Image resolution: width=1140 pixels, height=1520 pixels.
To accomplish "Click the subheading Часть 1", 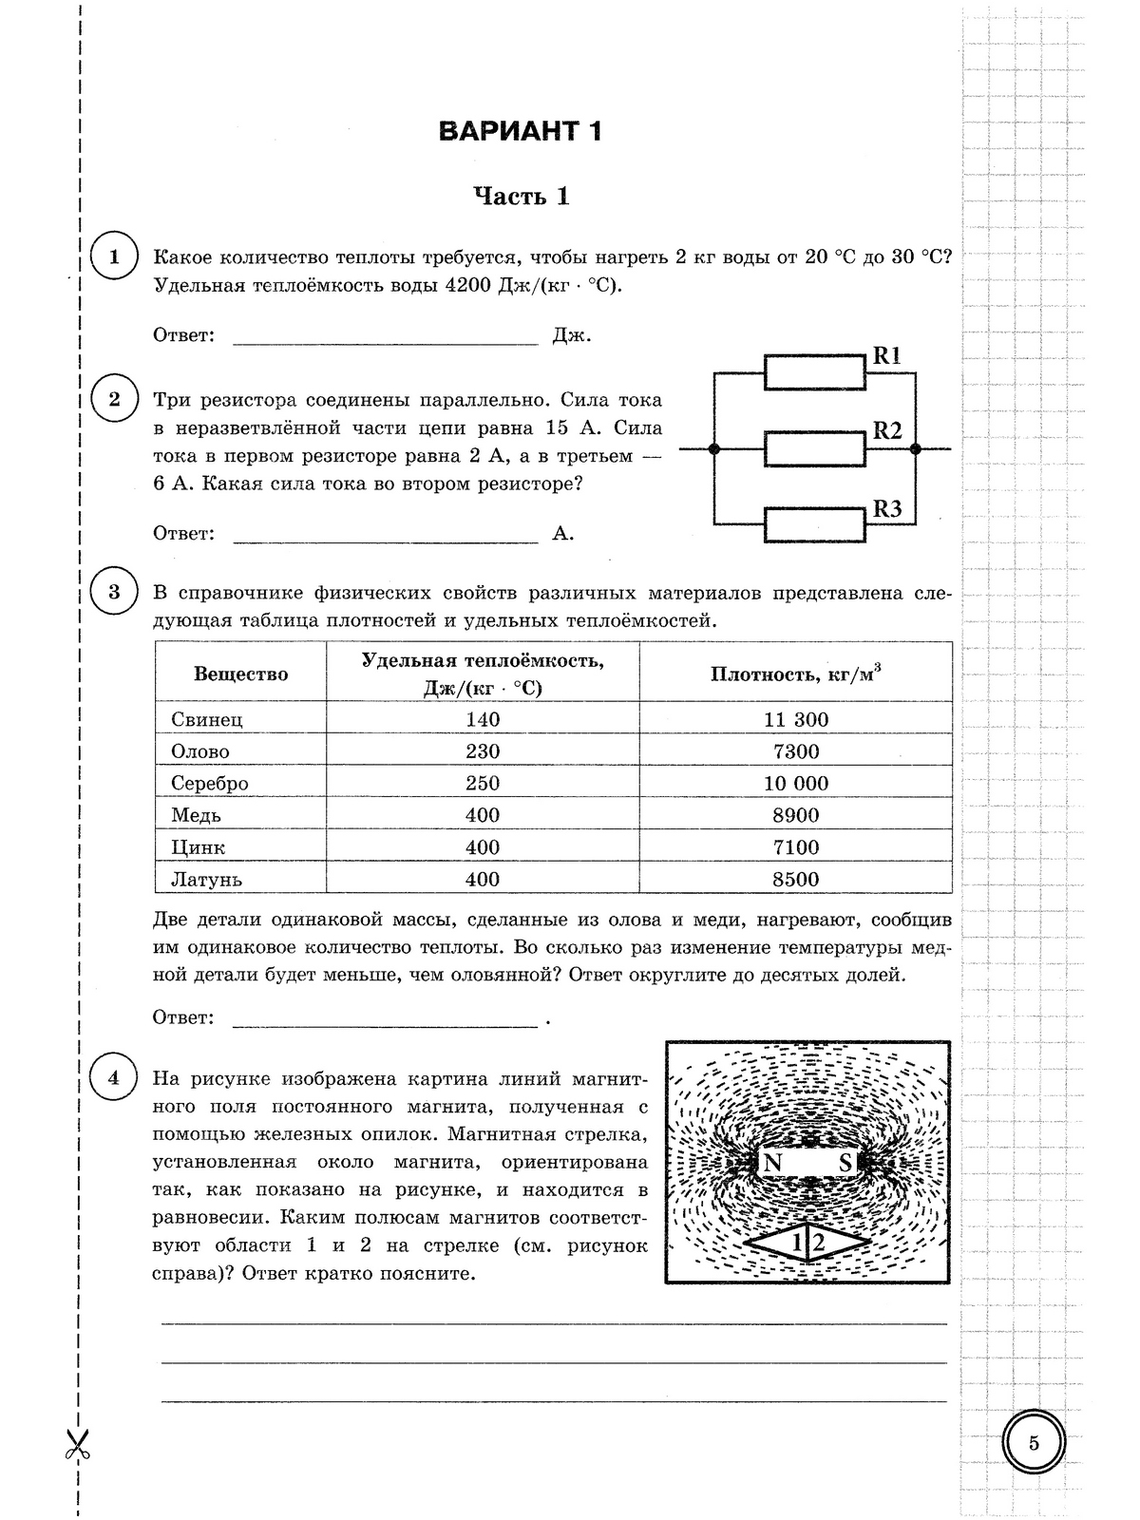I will tap(522, 197).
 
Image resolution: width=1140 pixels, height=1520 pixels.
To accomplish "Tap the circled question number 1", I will tap(114, 257).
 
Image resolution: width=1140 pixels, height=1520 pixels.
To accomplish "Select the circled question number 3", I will tap(114, 593).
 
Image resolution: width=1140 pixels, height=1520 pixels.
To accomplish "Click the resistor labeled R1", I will tap(814, 371).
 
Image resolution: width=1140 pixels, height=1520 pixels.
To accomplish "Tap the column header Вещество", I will tap(240, 674).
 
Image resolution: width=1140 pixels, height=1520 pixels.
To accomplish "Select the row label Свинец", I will tap(207, 719).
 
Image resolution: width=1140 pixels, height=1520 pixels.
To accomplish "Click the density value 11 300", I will tap(795, 719).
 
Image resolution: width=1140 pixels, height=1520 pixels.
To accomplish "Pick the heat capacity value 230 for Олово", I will tap(483, 751).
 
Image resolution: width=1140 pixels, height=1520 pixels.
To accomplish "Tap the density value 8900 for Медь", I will tap(795, 815).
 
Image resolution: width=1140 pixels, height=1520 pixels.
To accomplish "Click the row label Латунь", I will tap(207, 879).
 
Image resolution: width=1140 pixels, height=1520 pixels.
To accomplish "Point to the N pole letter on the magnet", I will tap(772, 1163).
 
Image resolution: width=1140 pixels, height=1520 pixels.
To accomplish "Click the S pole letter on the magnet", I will tap(845, 1163).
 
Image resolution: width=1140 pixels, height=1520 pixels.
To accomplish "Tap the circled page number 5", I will tap(1034, 1443).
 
